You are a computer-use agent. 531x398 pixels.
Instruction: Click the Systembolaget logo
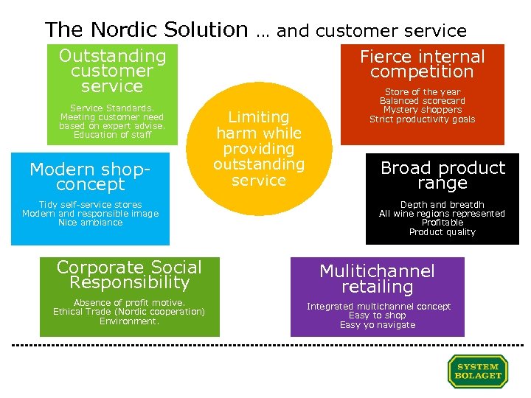478,371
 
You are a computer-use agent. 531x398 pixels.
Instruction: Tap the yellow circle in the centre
258,148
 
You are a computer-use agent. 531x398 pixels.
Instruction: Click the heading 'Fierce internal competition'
422,64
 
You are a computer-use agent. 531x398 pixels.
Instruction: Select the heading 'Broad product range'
442,175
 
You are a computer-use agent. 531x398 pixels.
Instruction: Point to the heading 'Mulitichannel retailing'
377,279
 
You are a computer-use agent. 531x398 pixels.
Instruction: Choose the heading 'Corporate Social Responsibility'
129,274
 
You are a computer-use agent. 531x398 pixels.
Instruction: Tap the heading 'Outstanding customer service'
112,71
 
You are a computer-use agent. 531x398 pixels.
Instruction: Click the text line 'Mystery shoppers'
423,110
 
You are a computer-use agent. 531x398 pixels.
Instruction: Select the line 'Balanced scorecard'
423,101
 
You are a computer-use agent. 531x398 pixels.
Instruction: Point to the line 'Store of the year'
423,92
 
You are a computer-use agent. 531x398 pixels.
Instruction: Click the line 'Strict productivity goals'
423,119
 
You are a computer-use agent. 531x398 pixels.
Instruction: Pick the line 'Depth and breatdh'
442,205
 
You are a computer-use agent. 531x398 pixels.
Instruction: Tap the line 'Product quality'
442,232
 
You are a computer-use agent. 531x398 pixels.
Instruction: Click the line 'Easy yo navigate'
378,325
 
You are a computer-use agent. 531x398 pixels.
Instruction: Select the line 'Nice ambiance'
90,223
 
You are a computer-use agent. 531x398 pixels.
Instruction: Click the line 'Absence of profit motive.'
129,303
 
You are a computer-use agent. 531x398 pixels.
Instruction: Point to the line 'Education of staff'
112,135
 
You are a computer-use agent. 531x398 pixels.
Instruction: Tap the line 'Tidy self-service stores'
90,205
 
